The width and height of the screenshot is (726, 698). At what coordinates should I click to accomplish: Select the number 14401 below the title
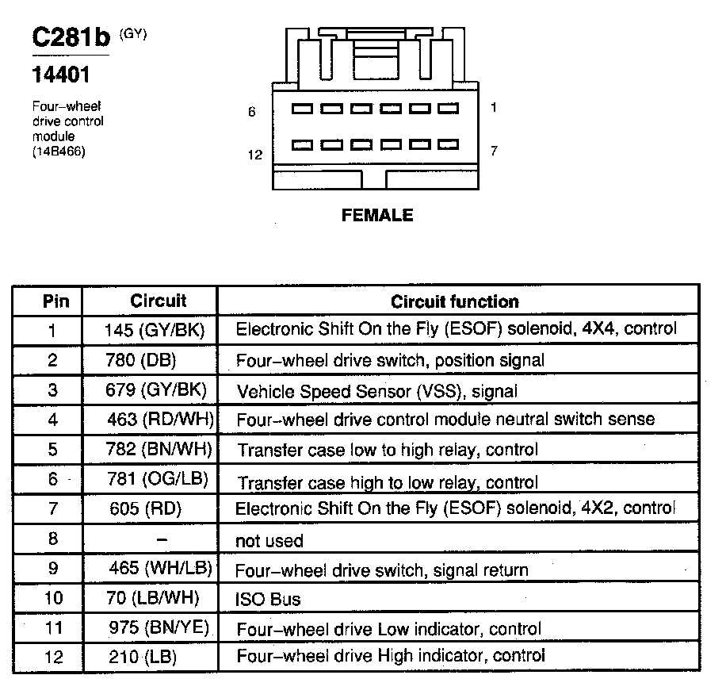pyautogui.click(x=60, y=76)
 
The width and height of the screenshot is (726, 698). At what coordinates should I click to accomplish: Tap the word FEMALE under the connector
pyautogui.click(x=377, y=215)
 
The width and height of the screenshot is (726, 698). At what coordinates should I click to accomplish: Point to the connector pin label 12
pyautogui.click(x=254, y=155)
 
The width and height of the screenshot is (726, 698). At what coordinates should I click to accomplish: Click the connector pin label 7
pyautogui.click(x=494, y=150)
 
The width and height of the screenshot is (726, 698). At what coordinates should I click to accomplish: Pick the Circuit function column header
pyautogui.click(x=455, y=301)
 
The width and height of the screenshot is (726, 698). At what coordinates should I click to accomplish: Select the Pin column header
pyautogui.click(x=55, y=301)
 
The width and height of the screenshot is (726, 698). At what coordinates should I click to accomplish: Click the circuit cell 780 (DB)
pyautogui.click(x=141, y=360)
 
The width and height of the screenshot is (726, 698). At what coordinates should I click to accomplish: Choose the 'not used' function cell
pyautogui.click(x=269, y=541)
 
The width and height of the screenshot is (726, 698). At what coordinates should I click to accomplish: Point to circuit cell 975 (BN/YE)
pyautogui.click(x=159, y=628)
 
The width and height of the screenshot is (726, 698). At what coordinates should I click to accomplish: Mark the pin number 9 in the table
pyautogui.click(x=53, y=569)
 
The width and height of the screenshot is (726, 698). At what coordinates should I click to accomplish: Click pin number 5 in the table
pyautogui.click(x=53, y=449)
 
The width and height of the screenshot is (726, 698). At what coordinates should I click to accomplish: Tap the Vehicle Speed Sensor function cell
pyautogui.click(x=376, y=390)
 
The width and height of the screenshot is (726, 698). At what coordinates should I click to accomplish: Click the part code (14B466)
pyautogui.click(x=59, y=151)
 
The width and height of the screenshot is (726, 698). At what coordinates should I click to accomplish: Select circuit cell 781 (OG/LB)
pyautogui.click(x=159, y=479)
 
